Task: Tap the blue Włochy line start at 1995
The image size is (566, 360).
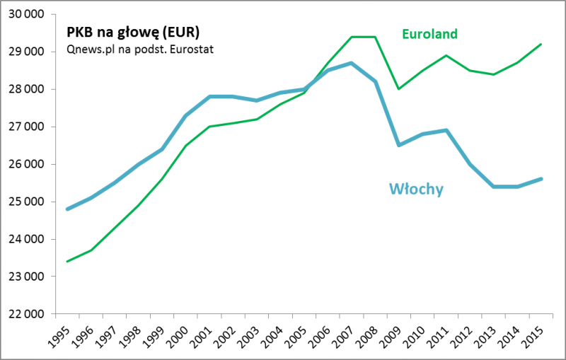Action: coord(67,209)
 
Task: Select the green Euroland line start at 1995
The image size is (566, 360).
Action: coord(67,262)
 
